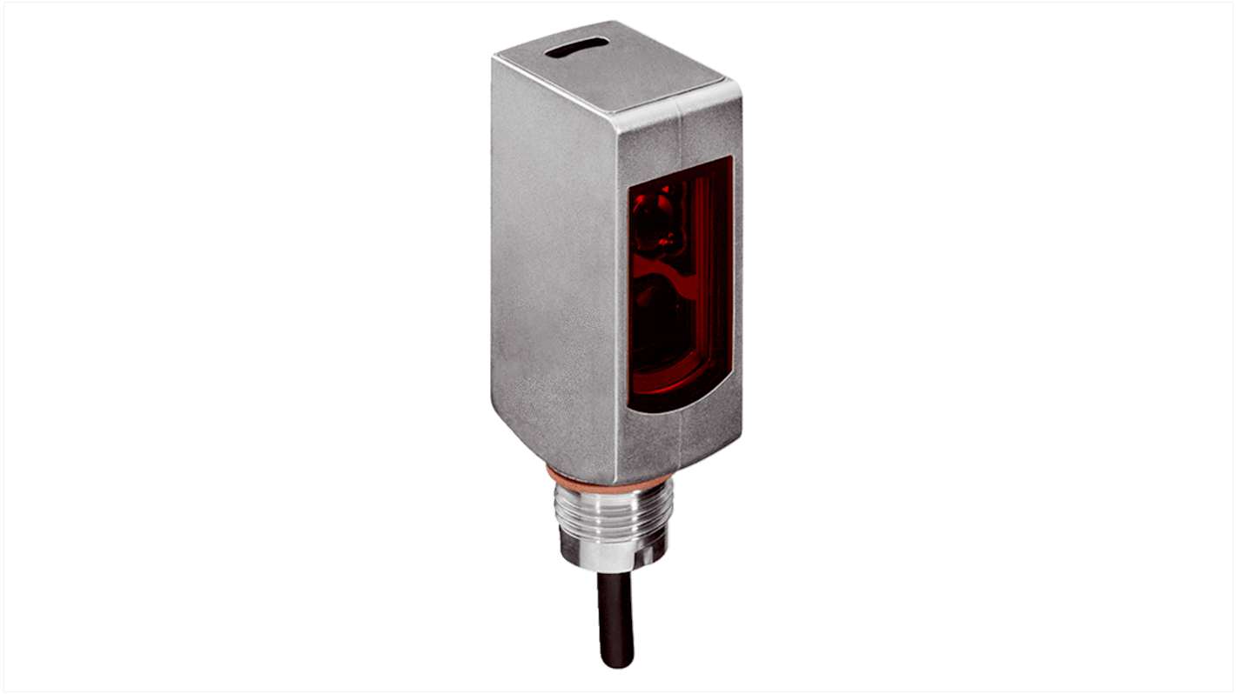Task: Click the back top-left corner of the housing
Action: (x=493, y=57)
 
